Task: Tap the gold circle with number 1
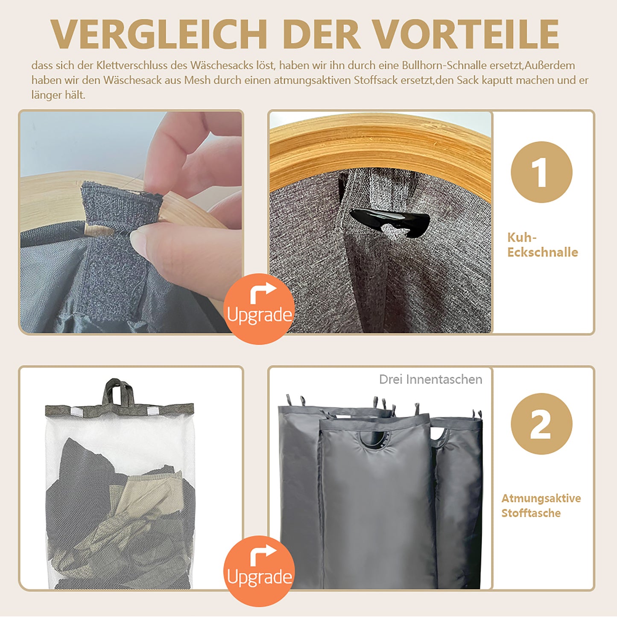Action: pyautogui.click(x=541, y=172)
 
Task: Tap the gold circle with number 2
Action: pyautogui.click(x=541, y=424)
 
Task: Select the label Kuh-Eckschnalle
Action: pyautogui.click(x=542, y=245)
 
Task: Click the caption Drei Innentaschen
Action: pyautogui.click(x=431, y=379)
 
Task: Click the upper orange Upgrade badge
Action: pyautogui.click(x=259, y=309)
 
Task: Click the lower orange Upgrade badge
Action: pyautogui.click(x=259, y=571)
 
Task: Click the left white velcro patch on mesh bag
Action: pyautogui.click(x=76, y=412)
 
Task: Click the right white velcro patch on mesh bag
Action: pyautogui.click(x=153, y=411)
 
